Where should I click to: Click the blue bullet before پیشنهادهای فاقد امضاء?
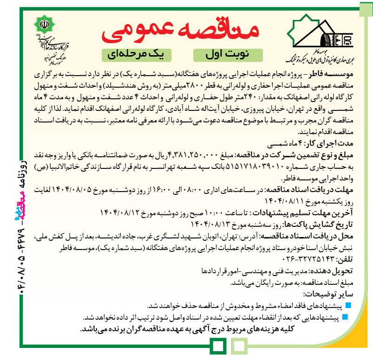[x=349, y=305]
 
